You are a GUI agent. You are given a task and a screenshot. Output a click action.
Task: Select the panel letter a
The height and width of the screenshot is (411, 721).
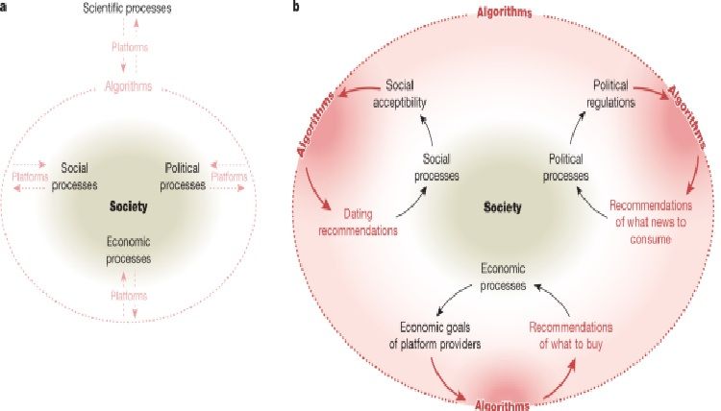5,6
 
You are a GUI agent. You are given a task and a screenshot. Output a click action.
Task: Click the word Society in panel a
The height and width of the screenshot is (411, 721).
129,205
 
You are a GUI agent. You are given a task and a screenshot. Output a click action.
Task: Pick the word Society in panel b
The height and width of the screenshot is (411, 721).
503,205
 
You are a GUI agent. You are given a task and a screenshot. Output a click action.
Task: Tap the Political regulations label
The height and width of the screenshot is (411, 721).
610,92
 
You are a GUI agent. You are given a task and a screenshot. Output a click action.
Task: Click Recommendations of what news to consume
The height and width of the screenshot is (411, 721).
652,223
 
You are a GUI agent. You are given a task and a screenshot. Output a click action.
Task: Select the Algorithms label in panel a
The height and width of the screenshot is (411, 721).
130,88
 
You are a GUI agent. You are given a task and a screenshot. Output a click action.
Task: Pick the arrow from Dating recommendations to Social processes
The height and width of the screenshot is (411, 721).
415,204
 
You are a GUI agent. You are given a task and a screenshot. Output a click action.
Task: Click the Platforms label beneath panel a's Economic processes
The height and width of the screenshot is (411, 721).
129,298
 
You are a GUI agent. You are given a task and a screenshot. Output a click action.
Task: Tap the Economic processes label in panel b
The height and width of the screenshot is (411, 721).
504,278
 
